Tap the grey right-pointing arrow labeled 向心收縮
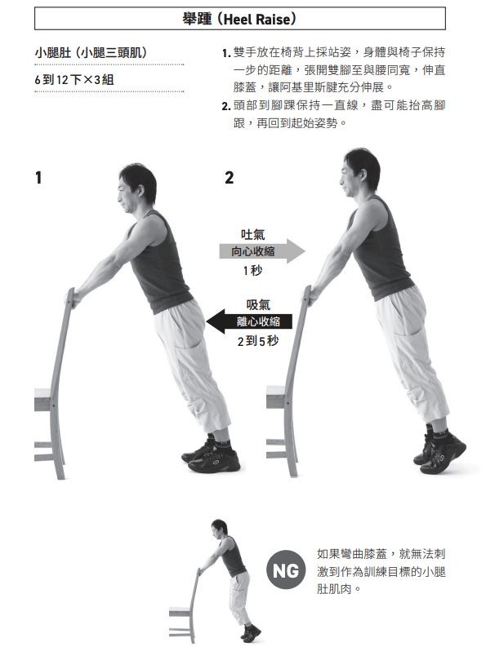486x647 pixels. coord(262,250)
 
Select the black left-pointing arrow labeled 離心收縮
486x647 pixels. coord(249,321)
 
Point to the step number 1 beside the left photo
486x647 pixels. coord(38,178)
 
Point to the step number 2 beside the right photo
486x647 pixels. coord(229,178)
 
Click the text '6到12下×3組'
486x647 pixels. coord(74,79)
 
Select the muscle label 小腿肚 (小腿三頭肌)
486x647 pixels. coord(91,53)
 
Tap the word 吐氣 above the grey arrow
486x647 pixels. coord(253,234)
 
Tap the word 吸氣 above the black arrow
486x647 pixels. coord(258,304)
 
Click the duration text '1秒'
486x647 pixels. coord(252,270)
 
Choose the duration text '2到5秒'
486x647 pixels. coord(258,341)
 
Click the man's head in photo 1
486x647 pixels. coord(136,188)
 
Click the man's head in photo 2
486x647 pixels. coord(359,173)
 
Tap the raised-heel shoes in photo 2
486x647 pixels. coord(439,453)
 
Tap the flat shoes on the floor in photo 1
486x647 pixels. coord(212,457)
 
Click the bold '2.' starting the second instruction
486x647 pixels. coord(226,106)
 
